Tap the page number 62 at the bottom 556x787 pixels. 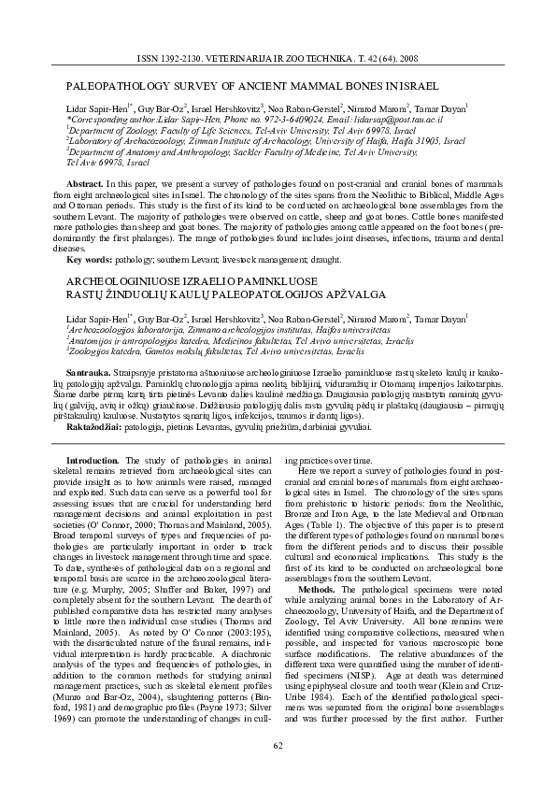278,744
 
